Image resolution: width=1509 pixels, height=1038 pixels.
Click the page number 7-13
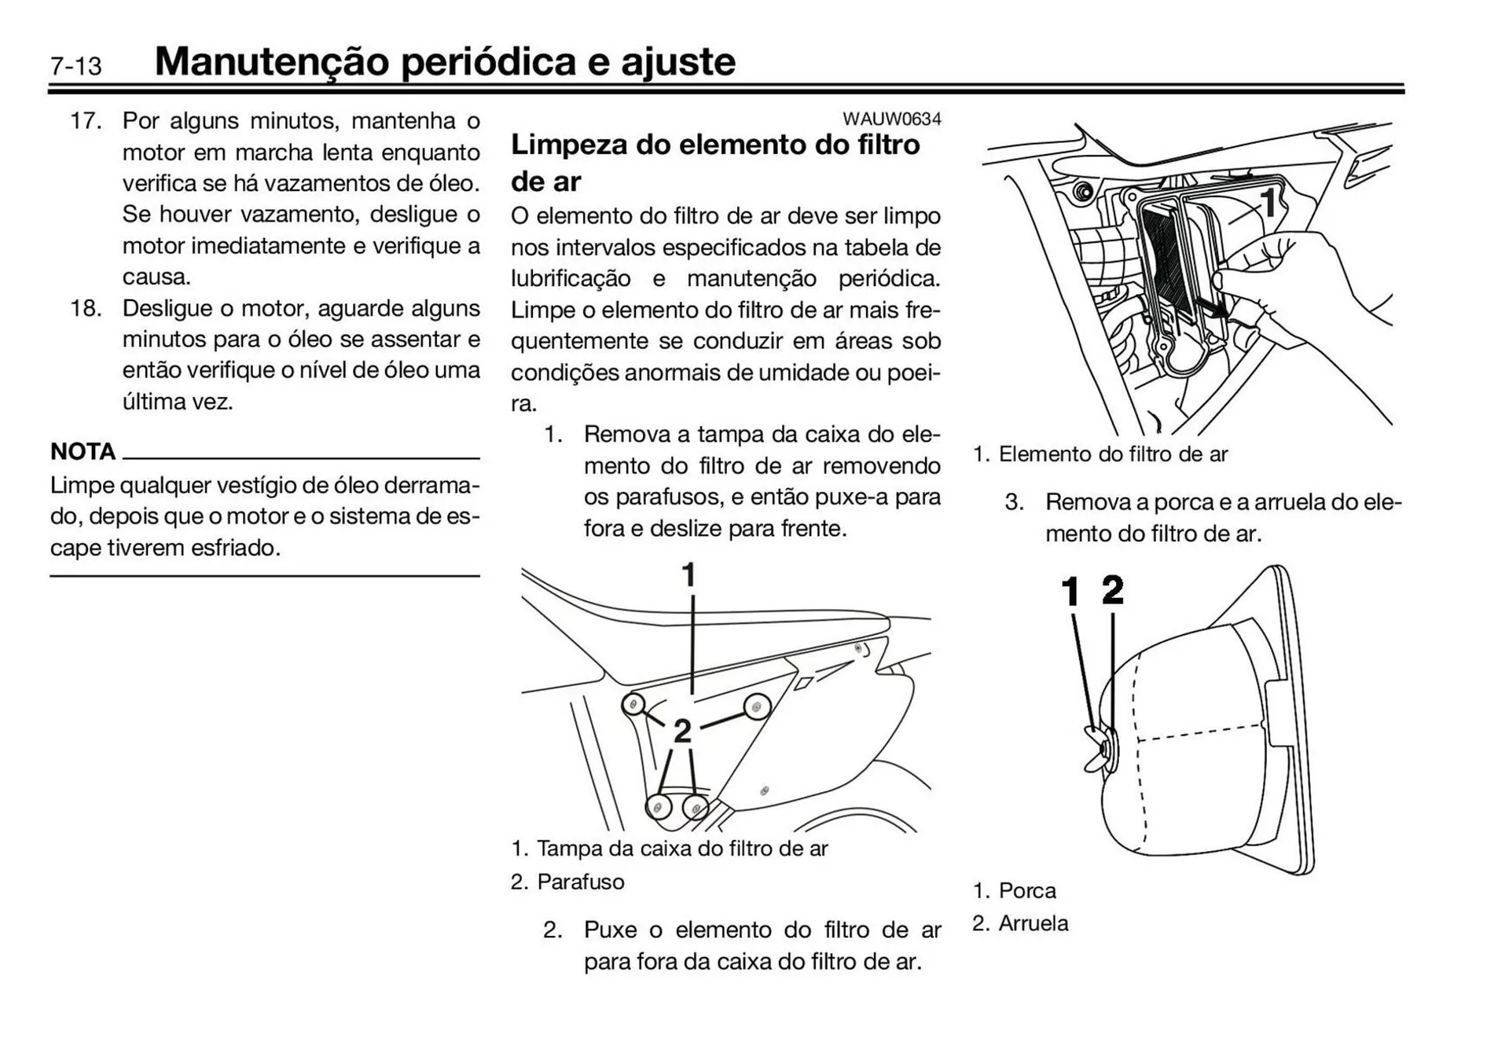(x=75, y=66)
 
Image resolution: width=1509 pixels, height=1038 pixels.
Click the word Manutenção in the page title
(x=272, y=61)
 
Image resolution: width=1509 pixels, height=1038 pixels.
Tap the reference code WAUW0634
(x=891, y=119)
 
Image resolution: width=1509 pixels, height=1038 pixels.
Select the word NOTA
(x=83, y=452)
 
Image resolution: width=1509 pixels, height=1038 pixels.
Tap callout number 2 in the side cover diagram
(x=682, y=732)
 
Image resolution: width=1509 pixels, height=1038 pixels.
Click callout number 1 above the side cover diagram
(x=689, y=575)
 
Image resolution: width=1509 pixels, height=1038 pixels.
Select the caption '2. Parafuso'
(x=567, y=882)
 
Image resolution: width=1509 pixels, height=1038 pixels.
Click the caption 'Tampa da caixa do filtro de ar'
(x=681, y=849)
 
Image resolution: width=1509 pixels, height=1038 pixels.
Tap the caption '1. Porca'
(x=1014, y=890)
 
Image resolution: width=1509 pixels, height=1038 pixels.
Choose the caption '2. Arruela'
(x=1020, y=923)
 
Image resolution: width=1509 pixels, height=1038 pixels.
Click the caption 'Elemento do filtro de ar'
(x=1112, y=454)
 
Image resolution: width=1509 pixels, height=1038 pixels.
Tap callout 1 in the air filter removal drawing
(x=1269, y=203)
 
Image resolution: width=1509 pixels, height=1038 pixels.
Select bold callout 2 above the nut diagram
(x=1113, y=589)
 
